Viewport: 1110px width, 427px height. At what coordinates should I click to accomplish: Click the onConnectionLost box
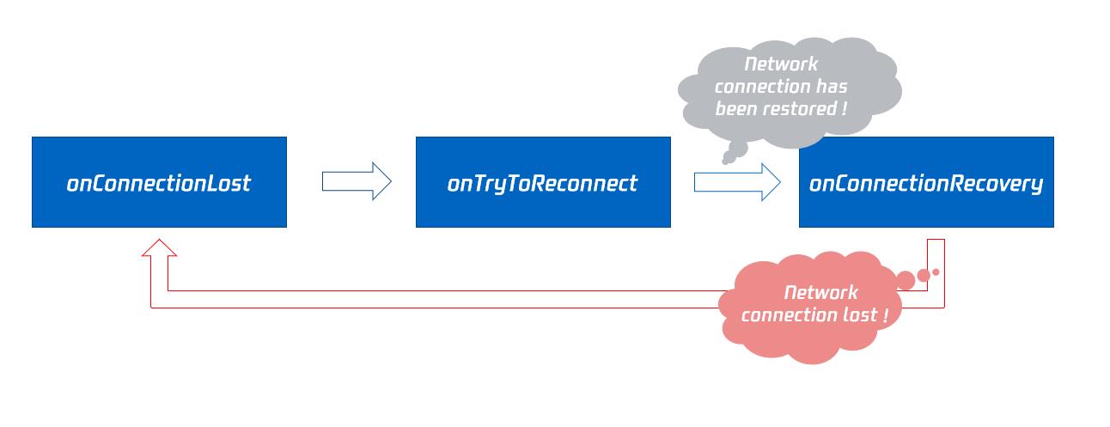click(x=159, y=182)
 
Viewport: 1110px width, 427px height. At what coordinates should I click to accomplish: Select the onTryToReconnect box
click(x=543, y=182)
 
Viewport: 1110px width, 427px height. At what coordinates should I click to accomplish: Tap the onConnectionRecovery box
click(x=926, y=182)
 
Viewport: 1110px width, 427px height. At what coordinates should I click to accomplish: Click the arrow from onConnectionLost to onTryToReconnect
click(x=357, y=181)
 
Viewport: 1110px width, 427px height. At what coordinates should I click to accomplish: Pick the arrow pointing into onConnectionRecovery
click(x=737, y=182)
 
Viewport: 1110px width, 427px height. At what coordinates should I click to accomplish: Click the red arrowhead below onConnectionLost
click(x=159, y=247)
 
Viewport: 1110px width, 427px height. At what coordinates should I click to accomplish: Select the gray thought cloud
click(x=789, y=92)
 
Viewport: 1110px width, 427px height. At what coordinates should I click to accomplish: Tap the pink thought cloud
click(x=810, y=307)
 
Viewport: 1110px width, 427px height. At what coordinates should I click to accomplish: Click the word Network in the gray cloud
click(x=781, y=64)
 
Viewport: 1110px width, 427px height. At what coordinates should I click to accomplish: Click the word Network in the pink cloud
click(x=820, y=292)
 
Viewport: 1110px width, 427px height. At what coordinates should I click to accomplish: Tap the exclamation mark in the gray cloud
click(x=844, y=108)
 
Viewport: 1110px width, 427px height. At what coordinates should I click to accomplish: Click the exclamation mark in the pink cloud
click(x=885, y=314)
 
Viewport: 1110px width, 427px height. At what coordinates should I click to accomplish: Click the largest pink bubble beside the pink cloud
click(x=906, y=280)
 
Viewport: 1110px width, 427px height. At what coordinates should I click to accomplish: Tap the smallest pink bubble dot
click(x=936, y=272)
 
